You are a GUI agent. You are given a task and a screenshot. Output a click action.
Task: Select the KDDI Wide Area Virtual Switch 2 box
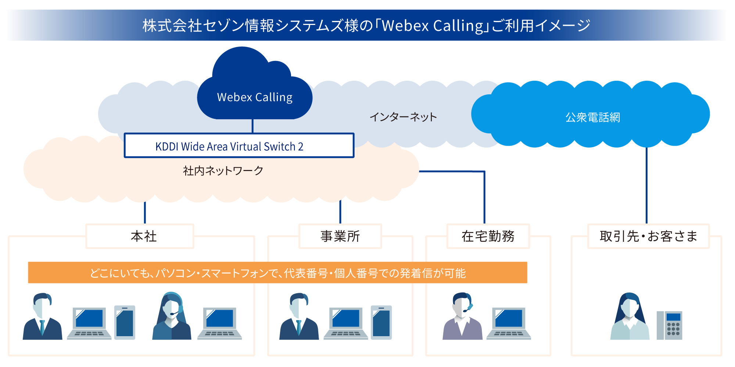pos(239,146)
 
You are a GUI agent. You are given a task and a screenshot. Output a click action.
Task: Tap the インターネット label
pos(403,117)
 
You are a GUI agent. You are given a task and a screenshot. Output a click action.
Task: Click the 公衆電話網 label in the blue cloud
pos(592,117)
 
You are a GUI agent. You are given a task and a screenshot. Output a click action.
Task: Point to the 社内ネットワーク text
pos(223,170)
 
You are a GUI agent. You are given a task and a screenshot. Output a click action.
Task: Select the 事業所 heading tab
pos(340,236)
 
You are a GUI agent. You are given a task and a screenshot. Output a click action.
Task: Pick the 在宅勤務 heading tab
pos(488,236)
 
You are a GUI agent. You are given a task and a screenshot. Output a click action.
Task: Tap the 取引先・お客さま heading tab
pos(648,236)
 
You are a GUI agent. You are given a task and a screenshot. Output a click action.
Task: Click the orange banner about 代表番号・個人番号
pos(277,273)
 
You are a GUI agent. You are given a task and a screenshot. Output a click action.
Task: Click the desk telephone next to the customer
pos(670,325)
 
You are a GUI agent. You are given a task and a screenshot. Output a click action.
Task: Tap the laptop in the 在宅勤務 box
pos(509,323)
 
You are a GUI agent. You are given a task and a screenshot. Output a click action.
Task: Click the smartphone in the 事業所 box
pos(381,322)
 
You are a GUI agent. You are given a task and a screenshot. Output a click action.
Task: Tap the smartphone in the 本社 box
pos(125,322)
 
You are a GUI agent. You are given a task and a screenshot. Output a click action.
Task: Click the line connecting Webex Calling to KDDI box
pos(252,126)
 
